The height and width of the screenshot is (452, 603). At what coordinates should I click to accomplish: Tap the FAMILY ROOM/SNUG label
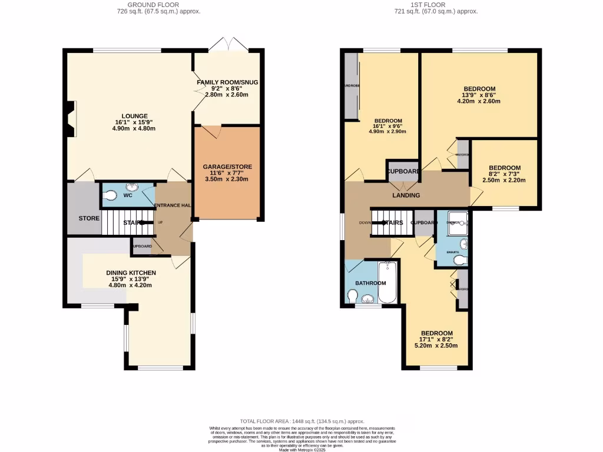coord(227,82)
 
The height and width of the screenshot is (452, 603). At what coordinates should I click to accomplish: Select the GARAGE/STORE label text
coord(227,167)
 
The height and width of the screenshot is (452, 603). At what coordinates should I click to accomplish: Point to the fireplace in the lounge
coord(71,119)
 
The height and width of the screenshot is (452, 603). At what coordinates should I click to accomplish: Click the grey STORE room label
coord(89,218)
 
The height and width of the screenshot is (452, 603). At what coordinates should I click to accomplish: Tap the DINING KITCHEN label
coord(131,272)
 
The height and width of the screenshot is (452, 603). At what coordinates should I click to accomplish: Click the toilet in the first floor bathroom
coord(353,300)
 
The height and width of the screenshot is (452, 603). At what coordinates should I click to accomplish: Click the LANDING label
coord(406,195)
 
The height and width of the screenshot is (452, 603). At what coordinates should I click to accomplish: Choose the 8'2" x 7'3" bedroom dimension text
coord(504,174)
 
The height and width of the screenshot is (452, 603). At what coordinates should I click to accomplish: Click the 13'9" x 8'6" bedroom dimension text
coord(478,95)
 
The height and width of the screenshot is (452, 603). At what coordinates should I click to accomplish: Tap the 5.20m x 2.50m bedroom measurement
coord(436,345)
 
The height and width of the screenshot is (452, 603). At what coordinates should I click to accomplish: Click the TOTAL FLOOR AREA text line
coord(301,421)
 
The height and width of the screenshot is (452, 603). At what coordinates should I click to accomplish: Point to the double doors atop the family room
coord(227,45)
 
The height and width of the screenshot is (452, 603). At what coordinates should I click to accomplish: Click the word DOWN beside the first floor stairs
coord(365,223)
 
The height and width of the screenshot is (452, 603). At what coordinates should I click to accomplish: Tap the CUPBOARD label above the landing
coord(403,171)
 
